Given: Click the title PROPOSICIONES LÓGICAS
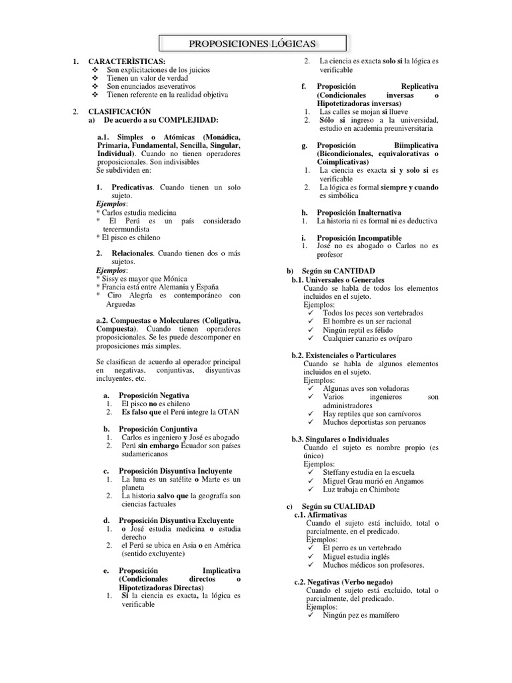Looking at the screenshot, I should tap(253, 44).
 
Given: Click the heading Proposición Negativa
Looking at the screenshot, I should tap(154, 395).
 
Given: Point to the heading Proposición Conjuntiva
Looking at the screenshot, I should tap(158, 428).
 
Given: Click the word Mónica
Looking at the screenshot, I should tap(173, 278).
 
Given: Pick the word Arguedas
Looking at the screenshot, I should tap(125, 303).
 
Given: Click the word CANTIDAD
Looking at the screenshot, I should tap(344, 271).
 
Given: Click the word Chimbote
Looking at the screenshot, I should tap(381, 489).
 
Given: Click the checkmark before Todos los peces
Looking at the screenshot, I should tap(313, 313).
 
